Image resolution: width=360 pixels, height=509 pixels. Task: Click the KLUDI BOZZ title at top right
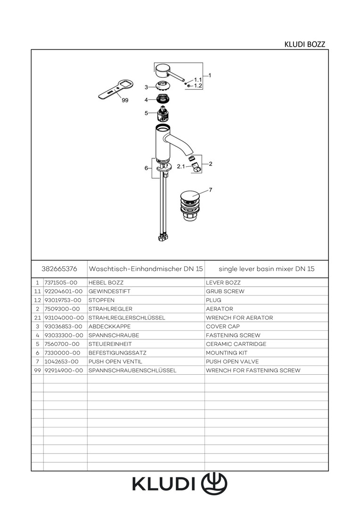coord(304,44)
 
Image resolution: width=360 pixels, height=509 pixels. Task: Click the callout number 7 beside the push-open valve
coord(210,189)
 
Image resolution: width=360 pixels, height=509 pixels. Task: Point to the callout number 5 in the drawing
coord(147,113)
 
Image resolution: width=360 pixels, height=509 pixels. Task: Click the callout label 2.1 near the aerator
coord(181,166)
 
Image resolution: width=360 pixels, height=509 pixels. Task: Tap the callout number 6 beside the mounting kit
coord(147,168)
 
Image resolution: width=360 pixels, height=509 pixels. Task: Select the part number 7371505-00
coord(60,282)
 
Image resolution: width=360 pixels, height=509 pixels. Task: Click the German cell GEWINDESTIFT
coord(109,291)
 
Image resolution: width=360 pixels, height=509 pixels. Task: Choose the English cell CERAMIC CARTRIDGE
coord(236,344)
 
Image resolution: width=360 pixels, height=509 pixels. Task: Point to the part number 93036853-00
coord(63,326)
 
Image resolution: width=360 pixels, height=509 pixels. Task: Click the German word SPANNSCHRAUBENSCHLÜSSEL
coord(132,370)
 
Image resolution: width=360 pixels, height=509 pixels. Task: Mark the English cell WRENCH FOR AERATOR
coord(239,318)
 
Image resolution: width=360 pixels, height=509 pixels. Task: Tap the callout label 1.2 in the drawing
coord(198,86)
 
